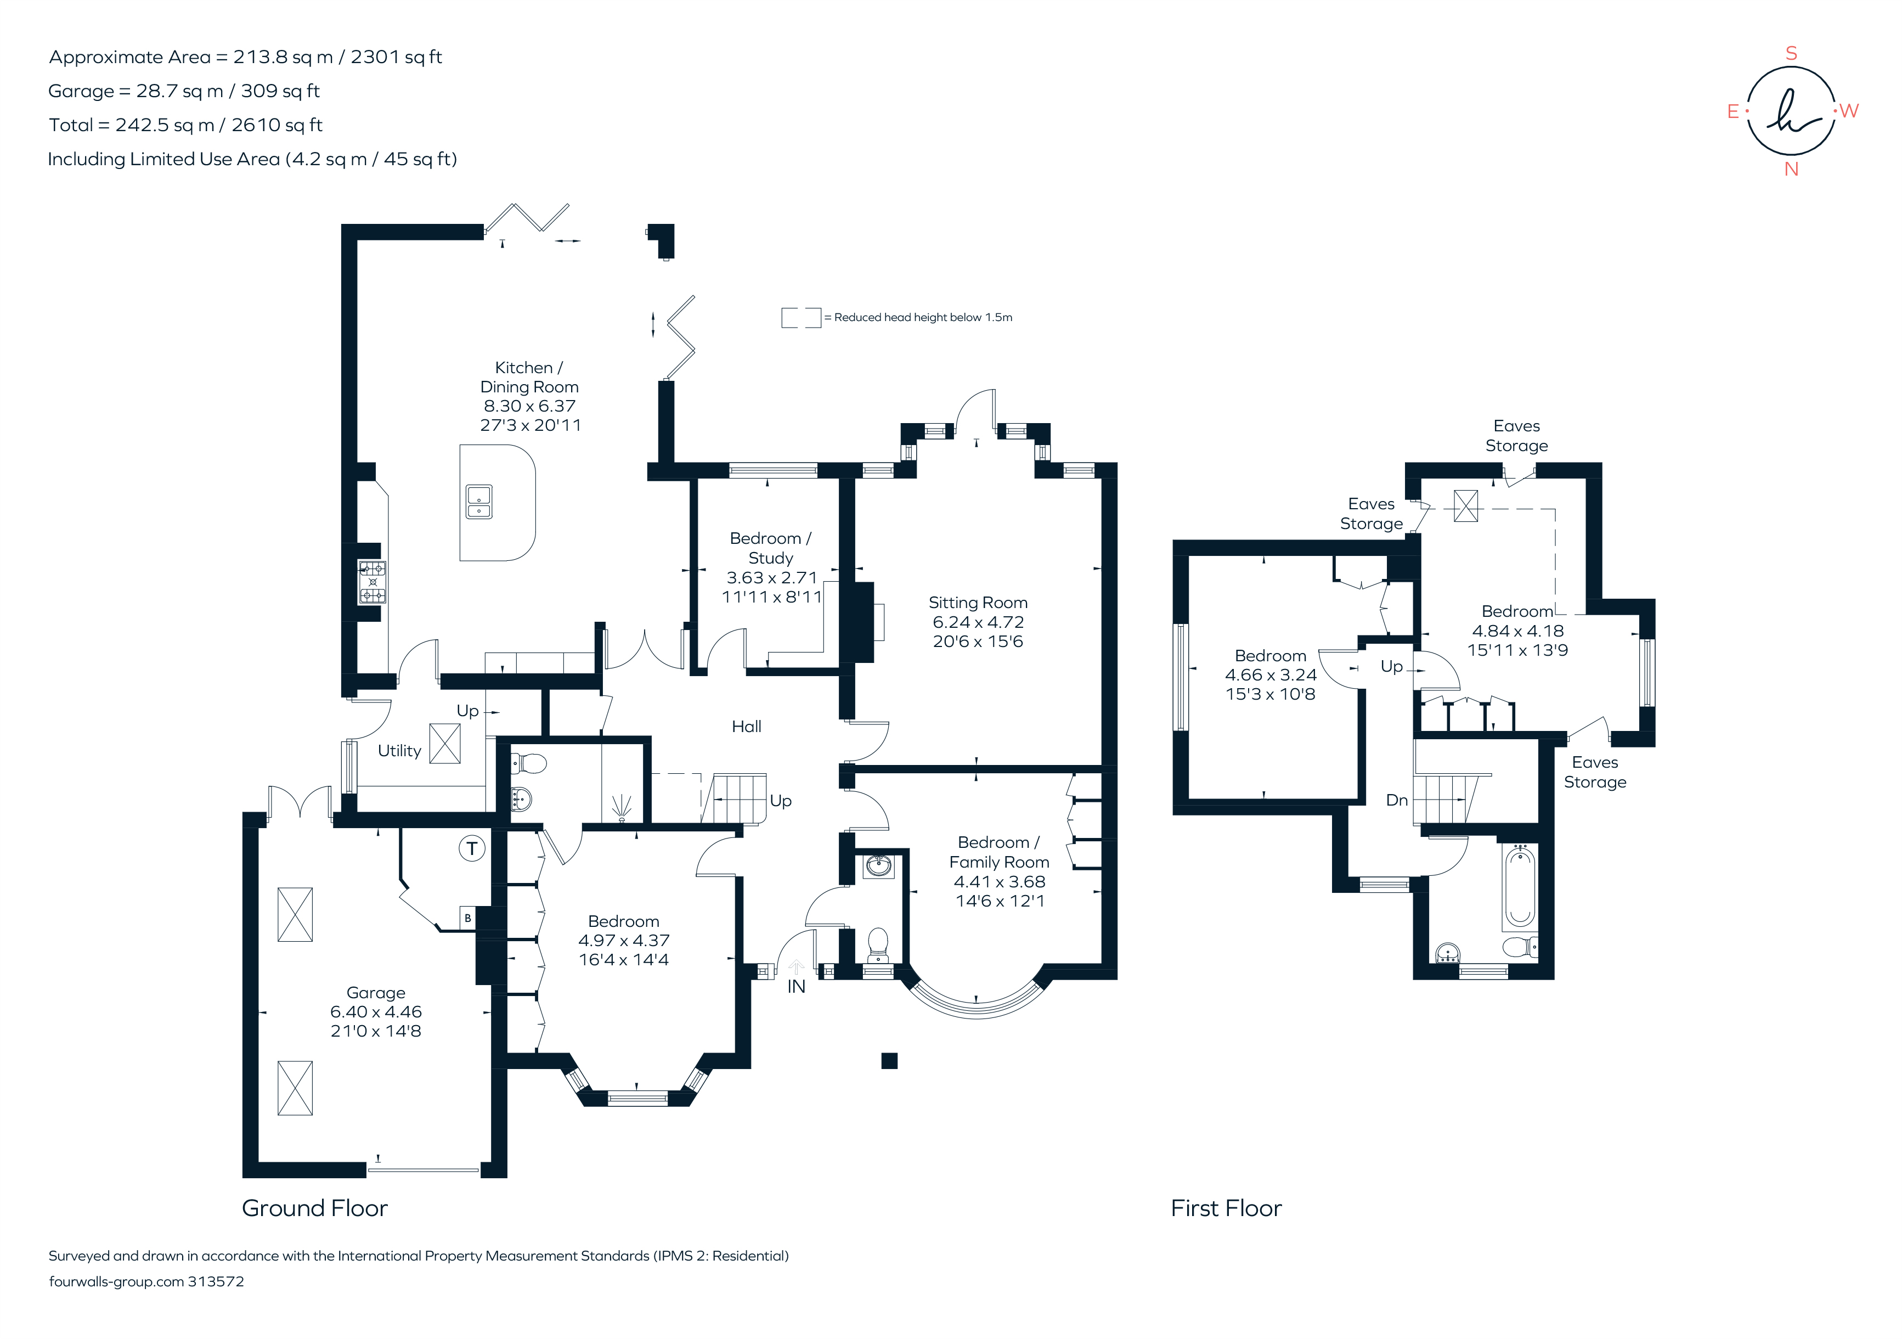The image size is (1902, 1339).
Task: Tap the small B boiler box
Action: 467,918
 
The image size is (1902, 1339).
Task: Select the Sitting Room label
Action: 978,603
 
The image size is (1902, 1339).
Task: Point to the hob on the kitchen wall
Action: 372,582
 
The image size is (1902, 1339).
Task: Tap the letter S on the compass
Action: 1791,54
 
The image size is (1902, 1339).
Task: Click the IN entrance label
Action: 796,986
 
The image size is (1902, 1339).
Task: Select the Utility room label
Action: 399,751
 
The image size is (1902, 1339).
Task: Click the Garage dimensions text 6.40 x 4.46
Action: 376,1012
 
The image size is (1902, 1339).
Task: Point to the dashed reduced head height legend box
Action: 800,317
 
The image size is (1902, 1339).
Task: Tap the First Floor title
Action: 1226,1208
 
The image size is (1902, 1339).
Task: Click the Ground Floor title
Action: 315,1208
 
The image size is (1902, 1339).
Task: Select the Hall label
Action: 747,727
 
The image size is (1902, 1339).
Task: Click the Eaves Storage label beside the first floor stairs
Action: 1595,772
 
